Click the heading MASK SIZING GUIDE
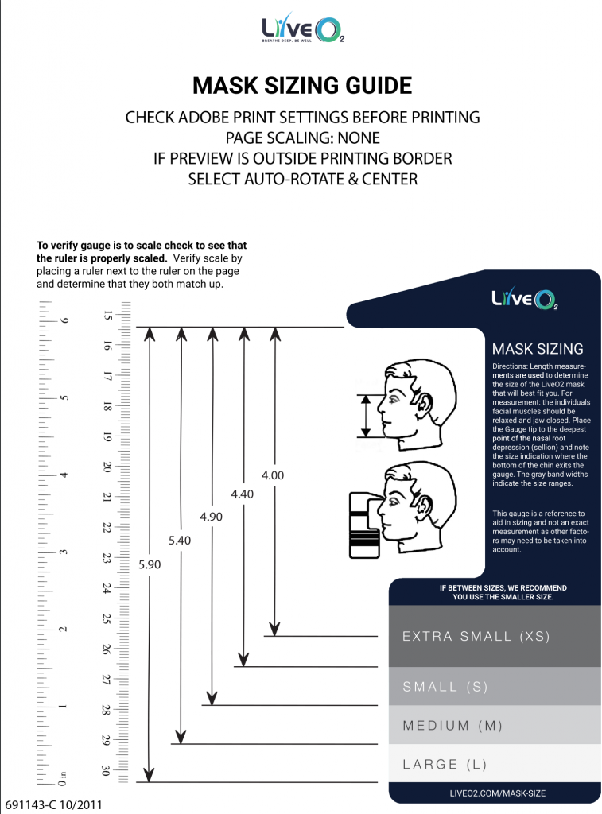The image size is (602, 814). point(302,86)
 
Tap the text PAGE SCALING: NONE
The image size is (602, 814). point(302,138)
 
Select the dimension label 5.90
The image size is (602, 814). point(150,565)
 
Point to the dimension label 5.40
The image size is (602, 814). point(181,541)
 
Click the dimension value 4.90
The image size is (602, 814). point(211,517)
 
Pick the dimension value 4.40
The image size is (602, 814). point(242,494)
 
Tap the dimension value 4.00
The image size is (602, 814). point(273,475)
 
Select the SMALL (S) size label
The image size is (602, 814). point(445,687)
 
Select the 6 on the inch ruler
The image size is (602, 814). point(64,320)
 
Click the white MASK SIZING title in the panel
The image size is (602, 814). point(538,349)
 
